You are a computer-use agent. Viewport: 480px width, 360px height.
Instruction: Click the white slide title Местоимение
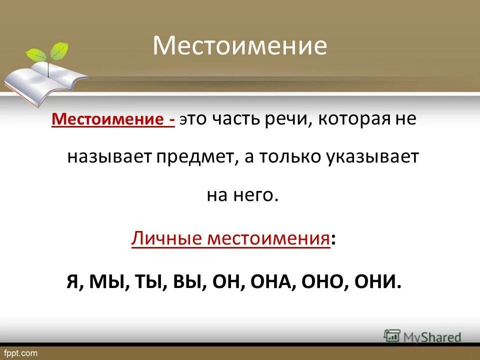pyautogui.click(x=240, y=46)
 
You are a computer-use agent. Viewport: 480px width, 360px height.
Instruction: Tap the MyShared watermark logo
pyautogui.click(x=423, y=336)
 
